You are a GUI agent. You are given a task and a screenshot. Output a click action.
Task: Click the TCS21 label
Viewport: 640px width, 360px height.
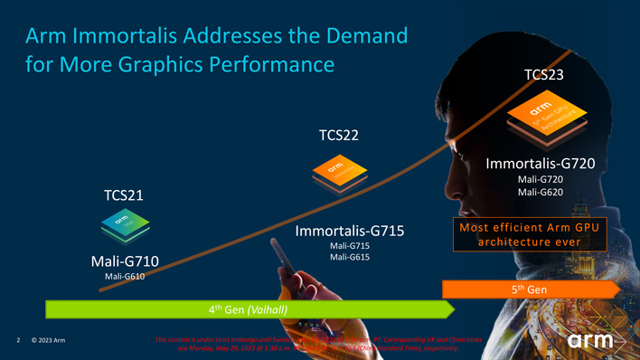click(123, 195)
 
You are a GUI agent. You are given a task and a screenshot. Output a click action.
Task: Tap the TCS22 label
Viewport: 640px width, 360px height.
click(339, 136)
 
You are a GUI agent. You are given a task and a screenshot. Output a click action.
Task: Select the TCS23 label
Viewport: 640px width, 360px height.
click(544, 74)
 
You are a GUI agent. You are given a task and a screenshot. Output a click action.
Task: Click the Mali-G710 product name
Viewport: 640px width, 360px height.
click(125, 261)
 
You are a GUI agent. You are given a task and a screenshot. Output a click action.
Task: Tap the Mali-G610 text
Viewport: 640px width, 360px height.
click(125, 276)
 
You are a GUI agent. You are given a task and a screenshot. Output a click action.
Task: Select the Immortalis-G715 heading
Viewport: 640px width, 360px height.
click(349, 231)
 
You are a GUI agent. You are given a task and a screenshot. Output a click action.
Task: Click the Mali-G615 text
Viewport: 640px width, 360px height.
click(350, 258)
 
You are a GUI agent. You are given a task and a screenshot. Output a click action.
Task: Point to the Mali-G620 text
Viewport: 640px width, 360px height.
click(541, 192)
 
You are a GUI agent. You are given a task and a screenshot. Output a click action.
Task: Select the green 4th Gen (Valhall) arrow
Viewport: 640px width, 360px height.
click(244, 308)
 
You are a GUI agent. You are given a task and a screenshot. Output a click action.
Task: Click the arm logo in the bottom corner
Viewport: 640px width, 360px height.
click(590, 341)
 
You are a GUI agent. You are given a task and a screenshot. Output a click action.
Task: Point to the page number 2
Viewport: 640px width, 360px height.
click(18, 341)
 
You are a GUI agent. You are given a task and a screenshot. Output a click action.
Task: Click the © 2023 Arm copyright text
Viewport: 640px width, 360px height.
click(48, 341)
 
